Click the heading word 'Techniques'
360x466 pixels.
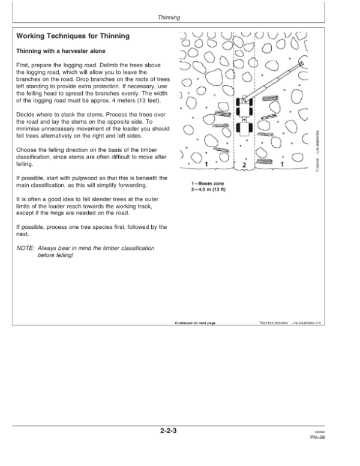[71, 37]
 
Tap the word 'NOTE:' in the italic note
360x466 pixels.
[25, 231]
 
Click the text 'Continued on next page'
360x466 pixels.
[195, 323]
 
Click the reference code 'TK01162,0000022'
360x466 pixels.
[271, 323]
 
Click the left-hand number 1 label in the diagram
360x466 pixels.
[206, 165]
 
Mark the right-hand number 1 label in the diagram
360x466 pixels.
[282, 165]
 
